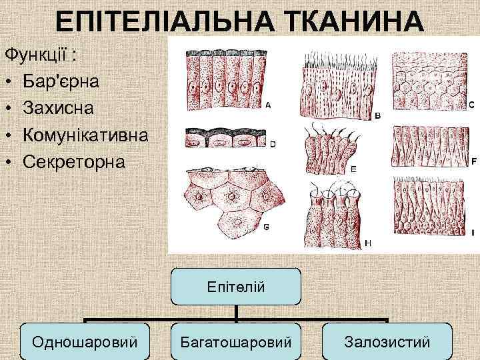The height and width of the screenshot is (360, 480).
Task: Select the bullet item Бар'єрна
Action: pyautogui.click(x=61, y=81)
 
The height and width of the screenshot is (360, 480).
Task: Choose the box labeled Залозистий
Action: pyautogui.click(x=387, y=342)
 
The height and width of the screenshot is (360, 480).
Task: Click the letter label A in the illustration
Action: pyautogui.click(x=268, y=105)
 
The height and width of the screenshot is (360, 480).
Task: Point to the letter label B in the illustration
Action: pyautogui.click(x=377, y=115)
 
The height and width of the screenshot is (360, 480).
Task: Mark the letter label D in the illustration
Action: pyautogui.click(x=272, y=143)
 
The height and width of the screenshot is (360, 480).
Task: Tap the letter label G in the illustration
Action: pyautogui.click(x=267, y=227)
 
